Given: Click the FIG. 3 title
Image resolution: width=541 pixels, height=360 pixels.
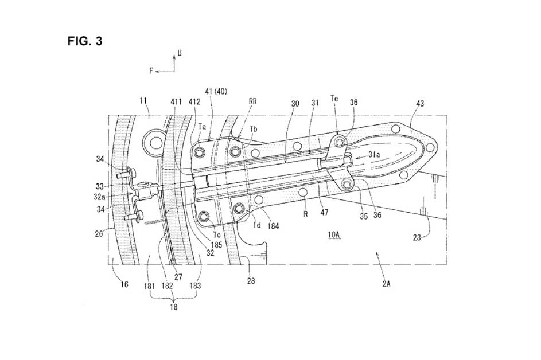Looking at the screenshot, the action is coord(85,41).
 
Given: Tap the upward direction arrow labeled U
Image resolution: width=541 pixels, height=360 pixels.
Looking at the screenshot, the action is coord(174,62).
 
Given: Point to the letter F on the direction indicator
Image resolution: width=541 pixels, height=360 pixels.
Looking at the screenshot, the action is coord(151,71).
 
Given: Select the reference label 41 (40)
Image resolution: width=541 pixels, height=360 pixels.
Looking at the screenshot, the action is coord(216,91).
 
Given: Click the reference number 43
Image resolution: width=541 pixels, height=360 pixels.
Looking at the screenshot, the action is coord(420,103).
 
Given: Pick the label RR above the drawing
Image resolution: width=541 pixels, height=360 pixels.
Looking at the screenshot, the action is coord(252,101).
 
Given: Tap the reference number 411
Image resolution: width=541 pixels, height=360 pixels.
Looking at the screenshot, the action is coord(176,101).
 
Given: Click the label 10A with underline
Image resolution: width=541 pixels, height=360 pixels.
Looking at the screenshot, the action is coord(334,235).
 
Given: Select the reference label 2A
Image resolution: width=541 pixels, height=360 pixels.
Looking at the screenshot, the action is coord(386,284).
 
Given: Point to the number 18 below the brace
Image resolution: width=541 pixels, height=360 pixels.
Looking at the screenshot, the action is coord(174,307).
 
